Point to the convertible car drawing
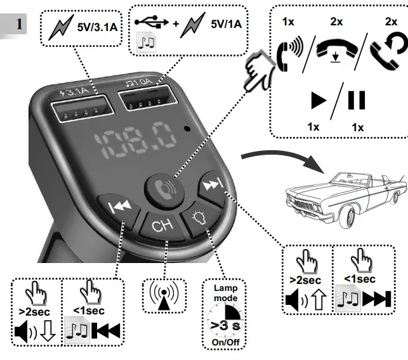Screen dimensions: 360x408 tap(343, 190)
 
